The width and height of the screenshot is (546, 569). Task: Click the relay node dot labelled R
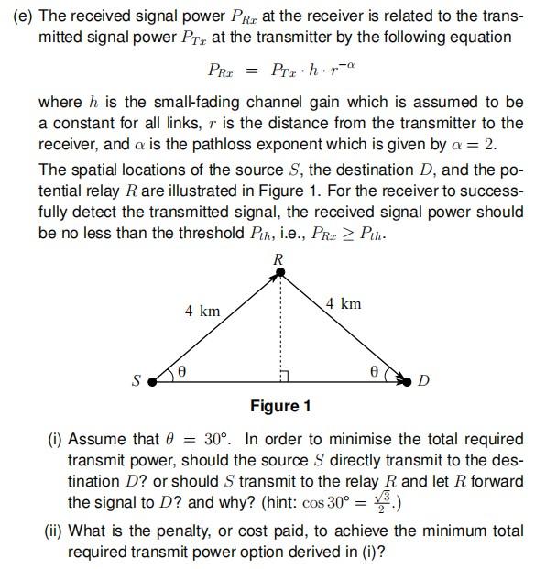[280, 272]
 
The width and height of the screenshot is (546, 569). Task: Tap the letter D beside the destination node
[423, 381]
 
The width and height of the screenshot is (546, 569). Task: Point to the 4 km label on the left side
[202, 311]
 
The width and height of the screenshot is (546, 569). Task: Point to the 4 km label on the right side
[344, 303]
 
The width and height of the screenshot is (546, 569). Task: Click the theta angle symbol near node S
[181, 372]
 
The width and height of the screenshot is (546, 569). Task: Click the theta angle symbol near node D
[373, 372]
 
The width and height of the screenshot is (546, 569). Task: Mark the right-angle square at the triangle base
[285, 377]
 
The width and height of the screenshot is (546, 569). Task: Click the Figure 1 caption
[280, 406]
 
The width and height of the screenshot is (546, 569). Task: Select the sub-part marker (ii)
[56, 531]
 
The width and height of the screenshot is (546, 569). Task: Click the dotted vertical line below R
[280, 325]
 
